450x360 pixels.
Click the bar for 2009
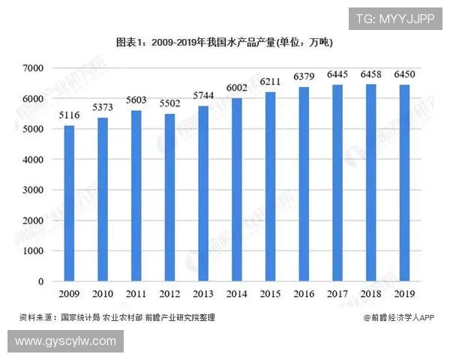point(69,203)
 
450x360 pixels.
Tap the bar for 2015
point(270,187)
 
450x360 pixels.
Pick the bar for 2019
point(405,183)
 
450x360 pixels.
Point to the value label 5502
point(169,105)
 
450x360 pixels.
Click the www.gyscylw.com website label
point(65,341)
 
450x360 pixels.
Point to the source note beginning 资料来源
point(117,318)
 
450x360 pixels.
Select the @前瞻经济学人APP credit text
point(399,318)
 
